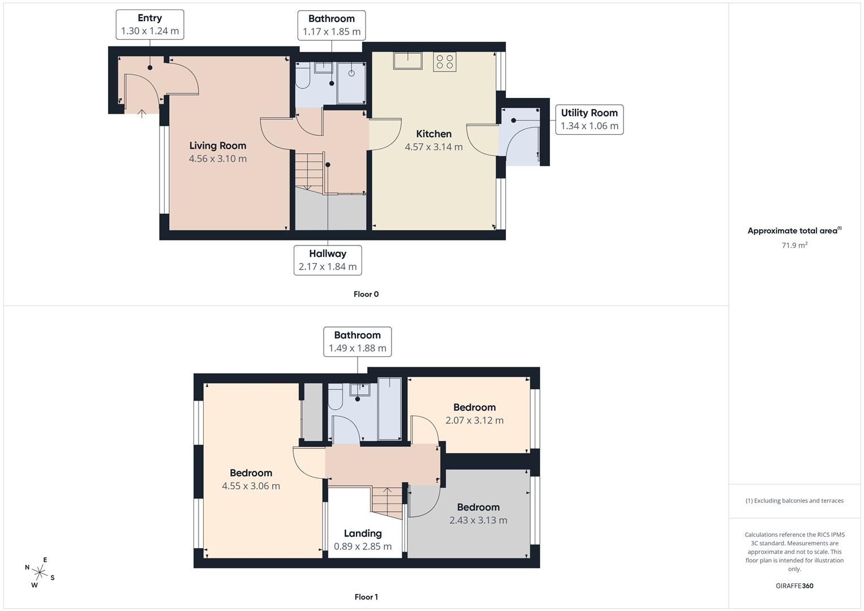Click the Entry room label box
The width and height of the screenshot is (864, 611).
150,24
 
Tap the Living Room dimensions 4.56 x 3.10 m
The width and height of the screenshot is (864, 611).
218,159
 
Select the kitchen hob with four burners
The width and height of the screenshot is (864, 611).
445,62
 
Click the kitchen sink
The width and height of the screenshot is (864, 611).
408,61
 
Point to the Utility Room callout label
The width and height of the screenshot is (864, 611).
589,119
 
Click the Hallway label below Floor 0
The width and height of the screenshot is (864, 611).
328,260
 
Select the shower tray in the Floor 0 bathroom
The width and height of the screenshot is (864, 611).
351,83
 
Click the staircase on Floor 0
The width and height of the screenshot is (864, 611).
309,170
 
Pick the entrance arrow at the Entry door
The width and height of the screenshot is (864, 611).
141,113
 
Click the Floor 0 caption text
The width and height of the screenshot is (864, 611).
366,294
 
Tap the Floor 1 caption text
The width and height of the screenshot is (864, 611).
366,597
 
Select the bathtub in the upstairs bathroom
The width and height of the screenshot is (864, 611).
389,408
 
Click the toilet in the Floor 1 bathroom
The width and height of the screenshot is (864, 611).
335,398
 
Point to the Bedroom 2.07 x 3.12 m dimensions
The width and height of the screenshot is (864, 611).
474,420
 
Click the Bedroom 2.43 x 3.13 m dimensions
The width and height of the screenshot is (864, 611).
478,520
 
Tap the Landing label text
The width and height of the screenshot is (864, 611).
363,533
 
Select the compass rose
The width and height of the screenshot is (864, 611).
40,573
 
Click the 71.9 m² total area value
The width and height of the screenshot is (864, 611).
794,246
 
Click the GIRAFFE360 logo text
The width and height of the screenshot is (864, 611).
794,586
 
